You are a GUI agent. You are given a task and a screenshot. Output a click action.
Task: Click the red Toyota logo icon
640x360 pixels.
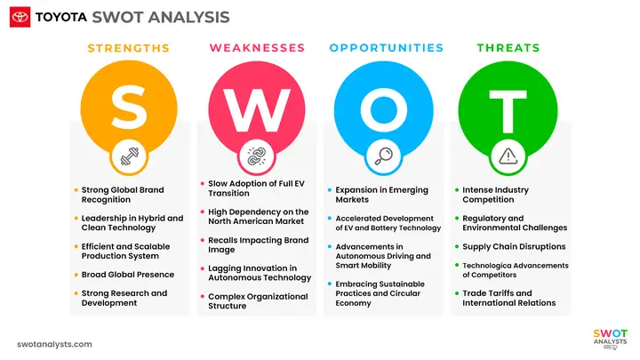[20, 17]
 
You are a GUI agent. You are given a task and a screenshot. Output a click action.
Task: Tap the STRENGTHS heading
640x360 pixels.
[129, 48]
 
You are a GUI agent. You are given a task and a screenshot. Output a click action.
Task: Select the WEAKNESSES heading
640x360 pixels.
[257, 48]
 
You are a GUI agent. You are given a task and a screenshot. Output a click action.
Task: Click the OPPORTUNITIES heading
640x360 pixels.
[386, 48]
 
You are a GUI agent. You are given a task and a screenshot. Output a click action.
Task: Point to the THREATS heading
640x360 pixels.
[508, 48]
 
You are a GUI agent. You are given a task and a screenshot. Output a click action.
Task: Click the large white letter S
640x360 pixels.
[129, 108]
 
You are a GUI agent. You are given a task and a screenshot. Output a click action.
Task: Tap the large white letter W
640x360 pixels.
[257, 110]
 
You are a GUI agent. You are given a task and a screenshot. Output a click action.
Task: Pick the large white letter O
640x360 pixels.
[384, 110]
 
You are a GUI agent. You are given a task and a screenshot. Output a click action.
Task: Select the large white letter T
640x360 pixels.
[508, 111]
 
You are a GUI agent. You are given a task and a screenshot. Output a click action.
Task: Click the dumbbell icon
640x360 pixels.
[130, 156]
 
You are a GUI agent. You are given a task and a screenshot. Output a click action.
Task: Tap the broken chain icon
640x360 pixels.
[257, 156]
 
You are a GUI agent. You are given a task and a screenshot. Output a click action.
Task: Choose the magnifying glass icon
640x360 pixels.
[383, 156]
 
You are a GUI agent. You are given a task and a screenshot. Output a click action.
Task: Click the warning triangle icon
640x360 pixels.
[508, 156]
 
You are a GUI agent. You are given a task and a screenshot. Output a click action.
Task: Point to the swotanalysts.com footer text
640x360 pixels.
[55, 345]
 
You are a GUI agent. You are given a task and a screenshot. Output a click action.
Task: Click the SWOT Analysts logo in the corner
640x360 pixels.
[610, 339]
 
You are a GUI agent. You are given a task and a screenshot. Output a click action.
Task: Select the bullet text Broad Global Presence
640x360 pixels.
[128, 275]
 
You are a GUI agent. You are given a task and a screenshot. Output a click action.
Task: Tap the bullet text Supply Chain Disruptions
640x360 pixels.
[514, 246]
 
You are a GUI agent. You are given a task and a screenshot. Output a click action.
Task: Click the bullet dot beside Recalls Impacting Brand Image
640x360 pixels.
[203, 240]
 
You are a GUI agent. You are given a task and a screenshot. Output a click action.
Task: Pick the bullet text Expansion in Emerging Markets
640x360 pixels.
[381, 195]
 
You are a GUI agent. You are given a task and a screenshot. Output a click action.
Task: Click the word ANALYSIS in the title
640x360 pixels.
[189, 17]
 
